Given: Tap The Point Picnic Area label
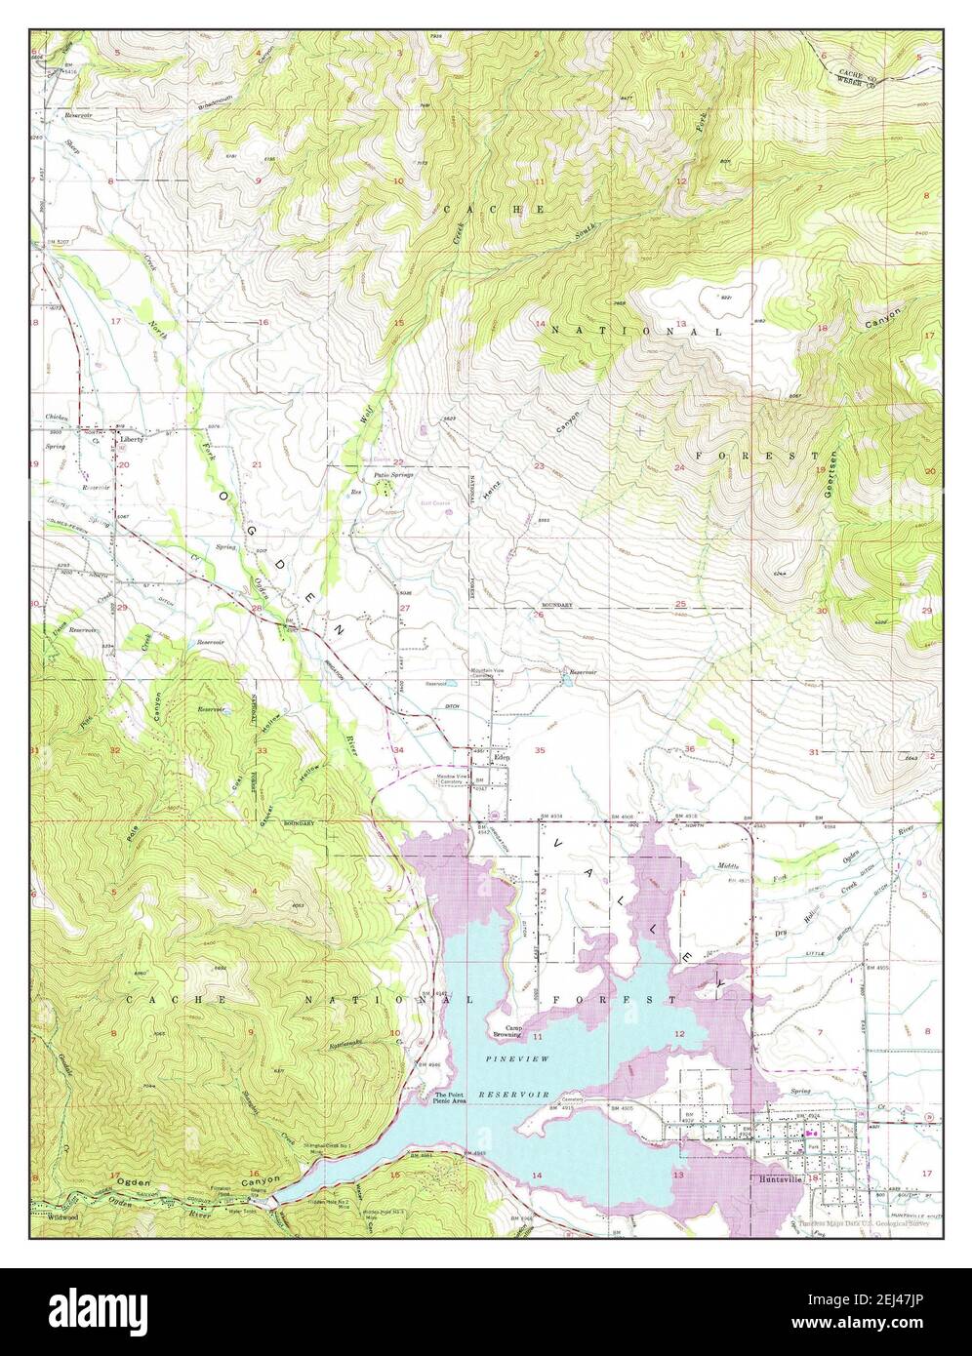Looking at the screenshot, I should [x=450, y=1097].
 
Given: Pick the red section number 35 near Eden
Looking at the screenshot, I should [x=540, y=750].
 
